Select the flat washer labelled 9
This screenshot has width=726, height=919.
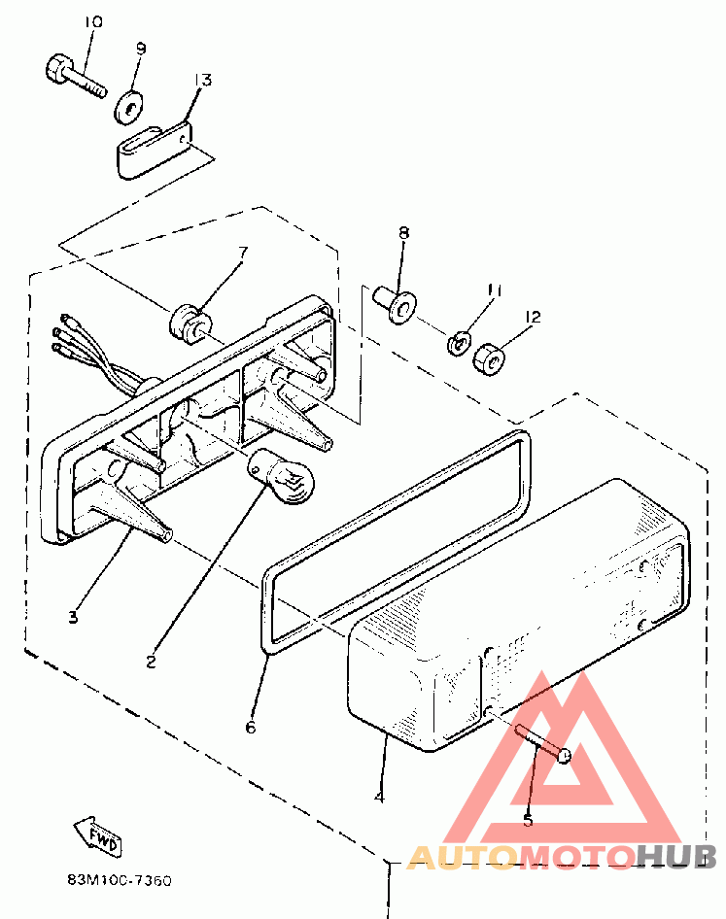point(128,106)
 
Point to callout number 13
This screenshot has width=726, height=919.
point(203,79)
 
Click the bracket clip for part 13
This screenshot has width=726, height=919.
point(154,149)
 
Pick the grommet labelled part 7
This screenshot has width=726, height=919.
point(189,320)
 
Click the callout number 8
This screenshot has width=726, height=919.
point(402,232)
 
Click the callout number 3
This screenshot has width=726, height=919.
point(74,616)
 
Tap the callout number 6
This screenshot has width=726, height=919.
point(251,726)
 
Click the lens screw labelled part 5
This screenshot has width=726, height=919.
point(545,743)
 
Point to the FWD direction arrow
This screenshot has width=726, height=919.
point(98,834)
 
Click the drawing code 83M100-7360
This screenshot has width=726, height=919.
point(120,881)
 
